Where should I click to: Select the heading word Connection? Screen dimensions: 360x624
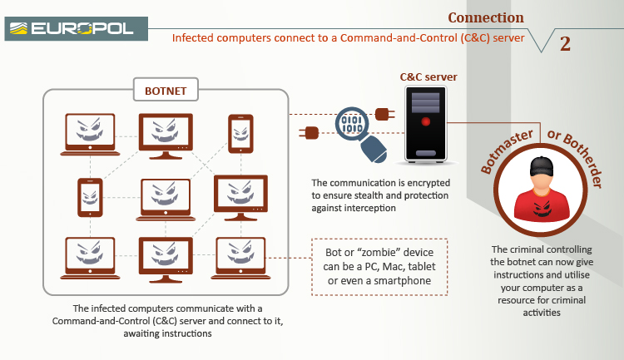(486, 17)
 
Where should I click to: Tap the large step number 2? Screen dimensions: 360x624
(565, 44)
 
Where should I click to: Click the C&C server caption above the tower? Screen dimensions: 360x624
(428, 77)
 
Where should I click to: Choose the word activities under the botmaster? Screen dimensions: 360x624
(545, 313)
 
